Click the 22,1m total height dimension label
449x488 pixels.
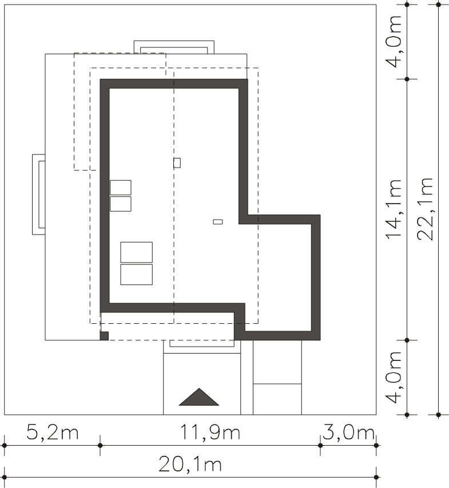click(x=425, y=209)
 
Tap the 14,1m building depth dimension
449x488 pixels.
click(x=394, y=209)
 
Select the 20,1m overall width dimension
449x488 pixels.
click(x=190, y=465)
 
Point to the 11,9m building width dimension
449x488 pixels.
click(x=210, y=433)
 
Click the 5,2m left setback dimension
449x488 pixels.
click(x=52, y=433)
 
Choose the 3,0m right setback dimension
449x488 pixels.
click(x=348, y=433)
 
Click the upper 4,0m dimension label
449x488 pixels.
click(x=394, y=41)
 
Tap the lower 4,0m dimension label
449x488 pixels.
click(x=394, y=377)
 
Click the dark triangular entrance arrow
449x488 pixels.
click(x=199, y=397)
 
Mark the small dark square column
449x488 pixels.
click(x=104, y=336)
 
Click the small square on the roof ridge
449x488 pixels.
click(x=177, y=163)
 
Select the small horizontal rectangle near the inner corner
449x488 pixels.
click(x=218, y=222)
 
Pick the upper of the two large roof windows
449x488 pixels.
click(x=137, y=252)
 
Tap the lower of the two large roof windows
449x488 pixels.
click(x=137, y=275)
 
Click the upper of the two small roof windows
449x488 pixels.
click(x=121, y=187)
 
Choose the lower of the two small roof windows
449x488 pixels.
click(x=121, y=204)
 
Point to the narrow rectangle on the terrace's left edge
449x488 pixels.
click(x=39, y=195)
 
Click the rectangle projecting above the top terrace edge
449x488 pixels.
click(x=174, y=47)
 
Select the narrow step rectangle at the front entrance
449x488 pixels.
click(x=202, y=344)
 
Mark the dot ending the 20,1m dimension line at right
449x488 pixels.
click(x=376, y=477)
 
